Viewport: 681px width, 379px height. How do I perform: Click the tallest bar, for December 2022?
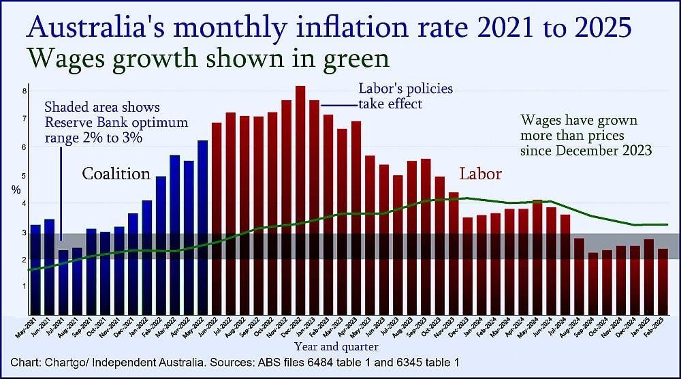point(300,198)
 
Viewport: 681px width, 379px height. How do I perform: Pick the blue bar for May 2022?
point(203,225)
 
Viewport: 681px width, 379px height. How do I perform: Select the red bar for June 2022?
point(217,218)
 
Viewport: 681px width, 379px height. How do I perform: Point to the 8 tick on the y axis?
point(25,91)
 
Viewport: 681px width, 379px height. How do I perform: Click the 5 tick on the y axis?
point(25,176)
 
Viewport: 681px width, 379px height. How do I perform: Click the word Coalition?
point(116,174)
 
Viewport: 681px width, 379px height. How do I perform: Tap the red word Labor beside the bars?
point(481,174)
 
